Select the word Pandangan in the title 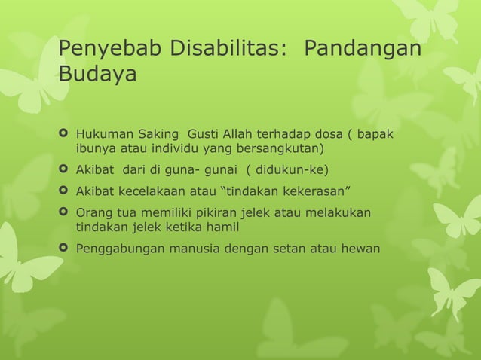[362, 51]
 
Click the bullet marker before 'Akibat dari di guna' [64, 168]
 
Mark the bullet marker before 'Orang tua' [64, 213]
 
